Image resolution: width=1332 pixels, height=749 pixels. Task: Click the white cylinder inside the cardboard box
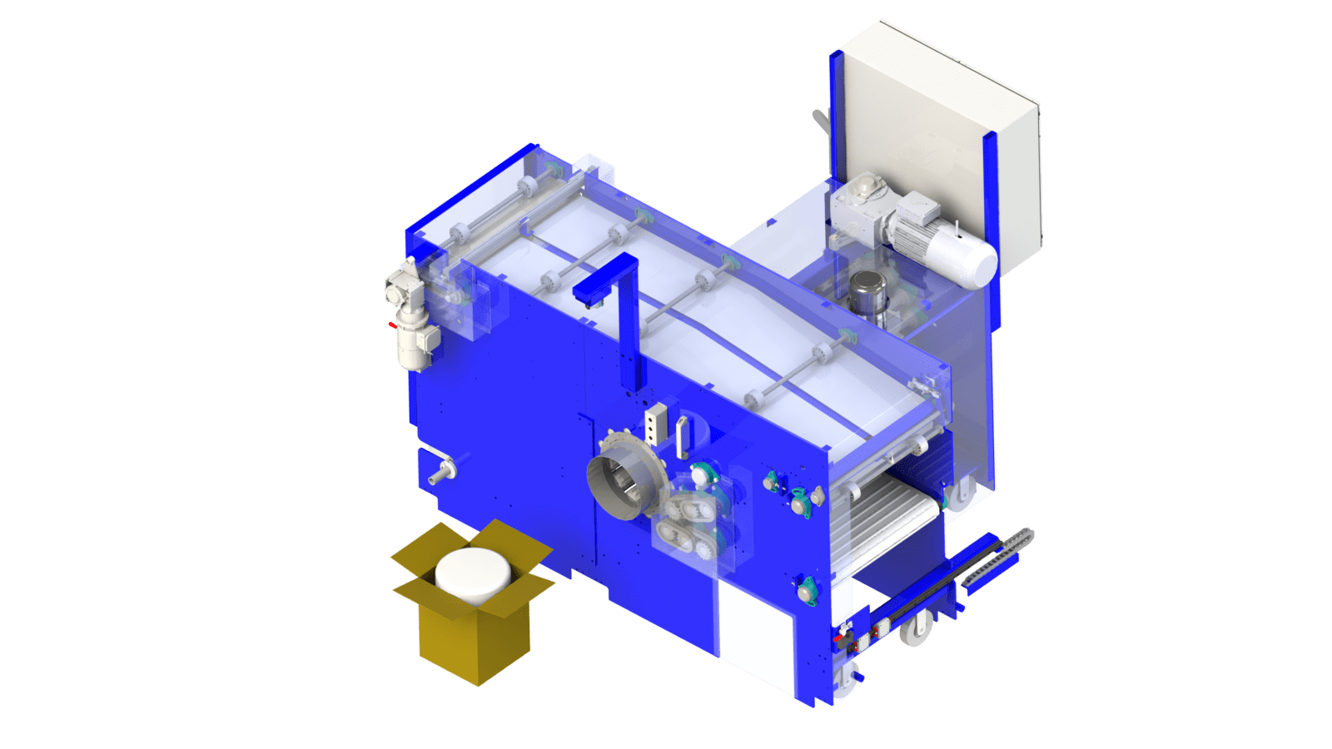(x=473, y=573)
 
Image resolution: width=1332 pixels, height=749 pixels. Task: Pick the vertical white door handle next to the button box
(x=682, y=438)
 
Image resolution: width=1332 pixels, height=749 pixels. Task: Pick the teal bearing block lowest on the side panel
(x=807, y=591)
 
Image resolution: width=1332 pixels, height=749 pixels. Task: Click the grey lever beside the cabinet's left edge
(x=821, y=122)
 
